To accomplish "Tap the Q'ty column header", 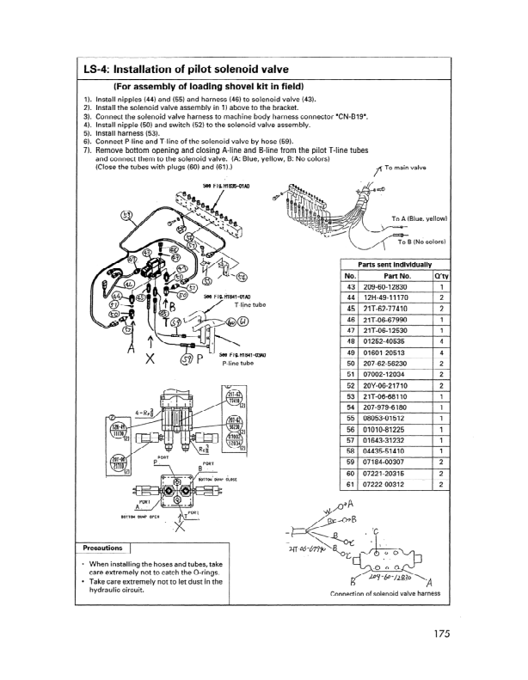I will click(440, 275).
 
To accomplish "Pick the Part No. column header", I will click(395, 275).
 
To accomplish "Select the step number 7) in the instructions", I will click(87, 149).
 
